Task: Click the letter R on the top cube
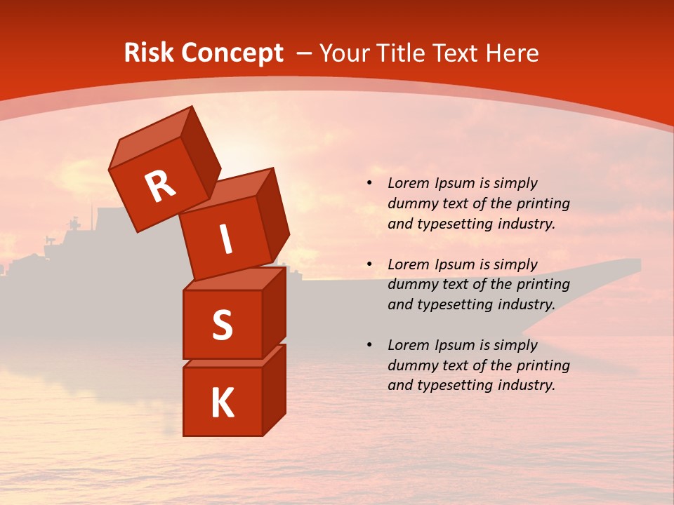[160, 186]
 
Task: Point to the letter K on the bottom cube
[222, 403]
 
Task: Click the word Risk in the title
[148, 53]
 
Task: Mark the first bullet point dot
[369, 184]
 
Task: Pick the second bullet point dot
[369, 264]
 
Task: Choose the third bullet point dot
[369, 345]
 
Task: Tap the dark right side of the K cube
[274, 389]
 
